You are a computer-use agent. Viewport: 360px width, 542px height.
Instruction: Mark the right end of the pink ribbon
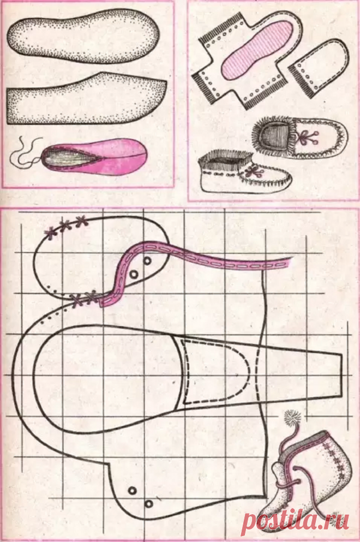click(291, 261)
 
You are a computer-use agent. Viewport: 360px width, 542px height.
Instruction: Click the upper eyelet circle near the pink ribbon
click(147, 261)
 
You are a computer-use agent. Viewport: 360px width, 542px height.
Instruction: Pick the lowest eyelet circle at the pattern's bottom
click(149, 504)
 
